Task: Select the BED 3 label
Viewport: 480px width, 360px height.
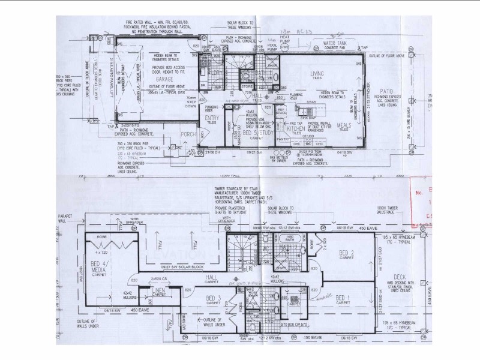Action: pyautogui.click(x=215, y=298)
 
